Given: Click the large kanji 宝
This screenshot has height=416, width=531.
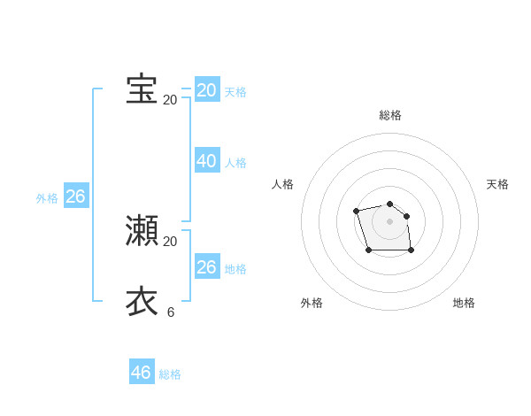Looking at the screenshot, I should [x=142, y=89].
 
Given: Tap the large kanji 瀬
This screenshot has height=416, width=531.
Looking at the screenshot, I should [x=142, y=230].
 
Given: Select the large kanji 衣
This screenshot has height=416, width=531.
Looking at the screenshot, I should [x=142, y=301].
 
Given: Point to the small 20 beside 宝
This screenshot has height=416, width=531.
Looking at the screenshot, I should [x=170, y=100].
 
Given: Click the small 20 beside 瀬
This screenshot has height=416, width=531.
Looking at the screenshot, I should [x=170, y=242].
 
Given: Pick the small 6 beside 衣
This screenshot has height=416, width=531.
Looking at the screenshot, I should [x=170, y=312].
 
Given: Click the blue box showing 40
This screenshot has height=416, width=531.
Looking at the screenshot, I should [x=206, y=161].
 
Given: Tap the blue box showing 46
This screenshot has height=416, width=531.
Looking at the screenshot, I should [x=141, y=373].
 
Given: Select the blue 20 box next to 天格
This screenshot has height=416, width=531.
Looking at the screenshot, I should [x=206, y=90].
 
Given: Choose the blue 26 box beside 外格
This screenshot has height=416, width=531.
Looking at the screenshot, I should [x=75, y=196].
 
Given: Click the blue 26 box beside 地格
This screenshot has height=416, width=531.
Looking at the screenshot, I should [x=206, y=267].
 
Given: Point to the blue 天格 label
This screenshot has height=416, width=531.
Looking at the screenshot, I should [x=235, y=92].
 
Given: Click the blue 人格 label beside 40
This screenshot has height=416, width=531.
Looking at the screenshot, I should [x=235, y=163].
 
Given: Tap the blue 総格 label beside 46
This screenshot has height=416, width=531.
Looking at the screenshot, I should [x=170, y=374].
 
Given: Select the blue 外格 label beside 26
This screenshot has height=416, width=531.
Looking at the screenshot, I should [x=47, y=198].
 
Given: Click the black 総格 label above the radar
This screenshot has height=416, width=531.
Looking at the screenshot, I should [x=390, y=115].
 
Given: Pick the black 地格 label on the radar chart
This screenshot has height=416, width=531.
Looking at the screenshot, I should [x=464, y=303].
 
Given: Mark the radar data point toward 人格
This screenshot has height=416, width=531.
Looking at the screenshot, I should [x=356, y=211].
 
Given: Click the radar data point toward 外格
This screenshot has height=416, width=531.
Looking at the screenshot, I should [x=368, y=250].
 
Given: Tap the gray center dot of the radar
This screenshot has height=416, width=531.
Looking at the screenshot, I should [x=389, y=221].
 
